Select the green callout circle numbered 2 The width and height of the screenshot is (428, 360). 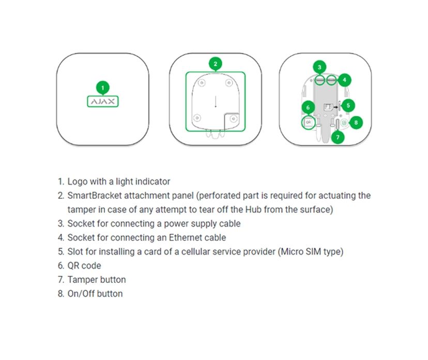point(216,64)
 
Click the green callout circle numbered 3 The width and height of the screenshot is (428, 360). point(320,67)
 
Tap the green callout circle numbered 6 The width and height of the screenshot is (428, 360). point(308,108)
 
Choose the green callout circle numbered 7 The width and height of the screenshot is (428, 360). point(338,138)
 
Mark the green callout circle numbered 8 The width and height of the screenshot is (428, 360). point(355,123)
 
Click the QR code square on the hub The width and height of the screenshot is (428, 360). point(308,123)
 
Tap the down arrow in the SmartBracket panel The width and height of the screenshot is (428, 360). point(216,101)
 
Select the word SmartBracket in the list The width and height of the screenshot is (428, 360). point(93,196)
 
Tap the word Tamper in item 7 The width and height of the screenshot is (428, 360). point(80,279)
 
